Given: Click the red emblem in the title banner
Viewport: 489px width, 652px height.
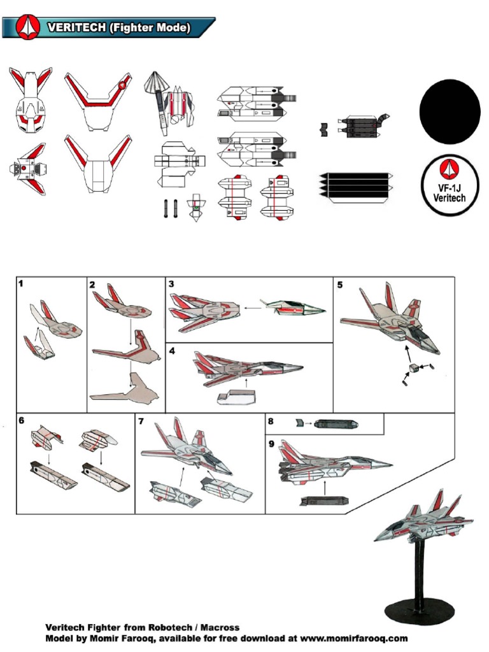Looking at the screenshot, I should coord(27,27).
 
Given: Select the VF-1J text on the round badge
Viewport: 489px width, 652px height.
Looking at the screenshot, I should coord(450,187).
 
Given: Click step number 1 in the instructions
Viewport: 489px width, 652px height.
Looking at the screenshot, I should coord(21,284).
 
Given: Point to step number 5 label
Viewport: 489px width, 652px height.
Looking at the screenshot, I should coord(339,285).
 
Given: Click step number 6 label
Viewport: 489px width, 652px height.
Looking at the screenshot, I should coord(22,420).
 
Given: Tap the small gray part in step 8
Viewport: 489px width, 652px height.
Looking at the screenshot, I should coord(301,422).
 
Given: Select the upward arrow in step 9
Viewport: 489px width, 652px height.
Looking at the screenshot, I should coord(326,487).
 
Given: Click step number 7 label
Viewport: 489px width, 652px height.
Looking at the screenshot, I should coord(141,421).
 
